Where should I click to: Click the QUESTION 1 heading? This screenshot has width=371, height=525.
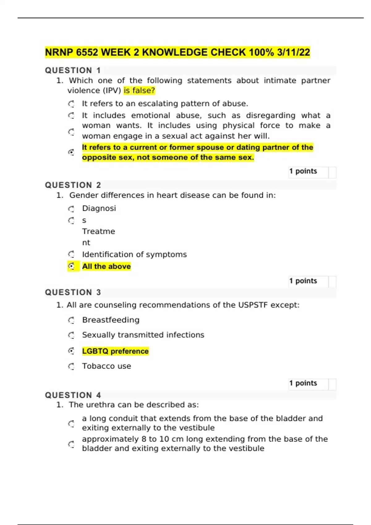click(73, 70)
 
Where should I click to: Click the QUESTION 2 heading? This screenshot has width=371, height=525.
click(73, 185)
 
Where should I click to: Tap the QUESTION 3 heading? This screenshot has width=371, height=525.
click(73, 292)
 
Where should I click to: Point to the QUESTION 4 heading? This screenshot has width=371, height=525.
click(73, 395)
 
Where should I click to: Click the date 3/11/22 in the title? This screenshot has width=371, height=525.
click(293, 52)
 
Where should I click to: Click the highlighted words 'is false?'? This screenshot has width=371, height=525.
click(139, 90)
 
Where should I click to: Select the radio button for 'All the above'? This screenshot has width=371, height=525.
click(71, 266)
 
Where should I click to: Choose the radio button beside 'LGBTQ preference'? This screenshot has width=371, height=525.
click(71, 351)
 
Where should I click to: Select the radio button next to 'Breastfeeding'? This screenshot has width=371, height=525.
click(71, 320)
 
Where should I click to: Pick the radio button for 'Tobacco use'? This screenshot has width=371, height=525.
click(71, 366)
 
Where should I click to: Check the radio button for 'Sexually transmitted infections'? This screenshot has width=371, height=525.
click(71, 335)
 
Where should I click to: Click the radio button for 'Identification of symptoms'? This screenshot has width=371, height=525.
click(71, 254)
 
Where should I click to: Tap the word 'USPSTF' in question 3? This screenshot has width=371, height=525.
click(253, 305)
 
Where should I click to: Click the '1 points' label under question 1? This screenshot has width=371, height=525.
click(303, 171)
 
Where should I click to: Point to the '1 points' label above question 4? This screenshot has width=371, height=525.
click(303, 383)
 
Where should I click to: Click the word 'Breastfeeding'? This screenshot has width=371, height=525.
click(111, 320)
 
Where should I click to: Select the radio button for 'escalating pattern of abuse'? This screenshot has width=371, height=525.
click(71, 104)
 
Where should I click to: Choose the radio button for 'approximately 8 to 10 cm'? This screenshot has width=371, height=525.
click(71, 444)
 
